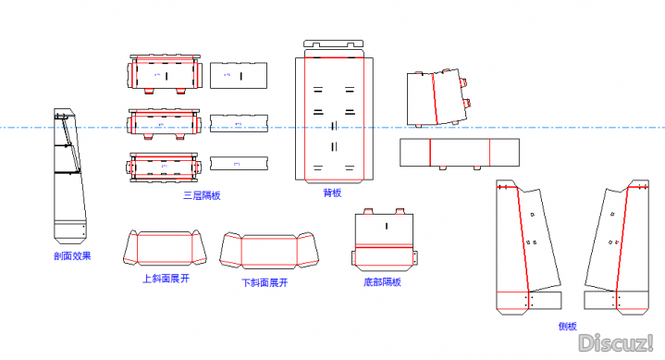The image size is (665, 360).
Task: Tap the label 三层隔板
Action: [202, 195]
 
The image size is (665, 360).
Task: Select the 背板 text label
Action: [332, 193]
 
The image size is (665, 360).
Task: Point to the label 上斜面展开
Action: [166, 278]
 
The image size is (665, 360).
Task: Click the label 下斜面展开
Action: [265, 283]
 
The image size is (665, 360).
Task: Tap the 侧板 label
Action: [567, 326]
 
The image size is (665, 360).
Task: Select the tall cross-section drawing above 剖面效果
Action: [70, 176]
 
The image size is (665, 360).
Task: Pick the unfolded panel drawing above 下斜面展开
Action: [269, 251]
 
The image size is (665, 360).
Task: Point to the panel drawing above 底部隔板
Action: [384, 242]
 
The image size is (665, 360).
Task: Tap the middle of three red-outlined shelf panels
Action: [164, 124]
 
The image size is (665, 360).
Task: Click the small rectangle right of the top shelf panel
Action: [239, 75]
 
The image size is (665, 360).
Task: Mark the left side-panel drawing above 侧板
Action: [528, 246]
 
